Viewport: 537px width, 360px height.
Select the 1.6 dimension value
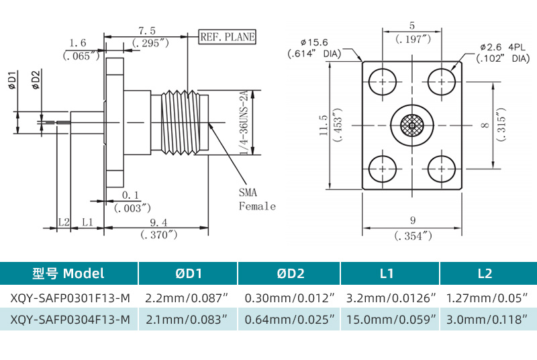pos(78,43)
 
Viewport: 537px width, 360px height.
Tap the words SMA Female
pos(256,199)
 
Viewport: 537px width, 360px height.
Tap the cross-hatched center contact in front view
pos(412,125)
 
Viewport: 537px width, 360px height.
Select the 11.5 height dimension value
pos(324,125)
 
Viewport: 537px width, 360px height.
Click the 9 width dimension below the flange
pos(412,220)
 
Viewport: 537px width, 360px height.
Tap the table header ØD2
pos(290,273)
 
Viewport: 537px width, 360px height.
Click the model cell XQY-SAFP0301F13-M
pos(70,297)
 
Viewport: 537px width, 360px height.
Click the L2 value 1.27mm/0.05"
pos(485,297)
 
